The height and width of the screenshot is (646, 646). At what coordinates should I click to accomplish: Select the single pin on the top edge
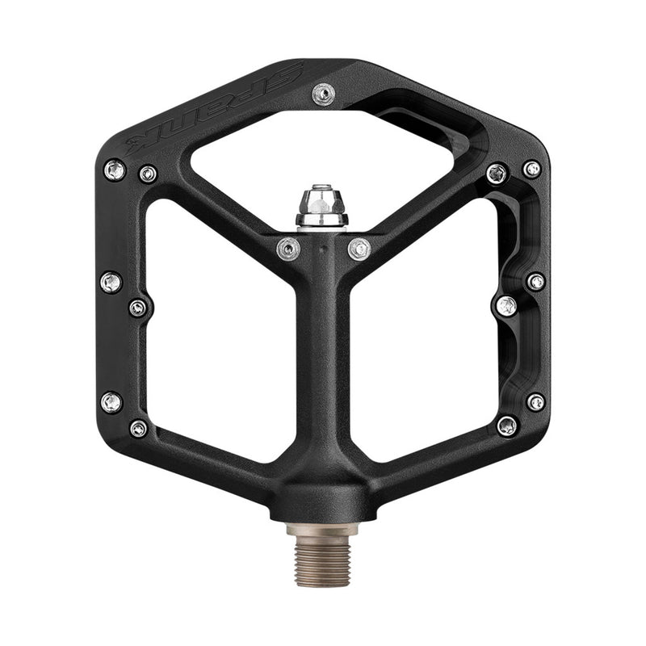[x=321, y=96]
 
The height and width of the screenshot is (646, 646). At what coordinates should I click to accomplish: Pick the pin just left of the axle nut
[x=288, y=250]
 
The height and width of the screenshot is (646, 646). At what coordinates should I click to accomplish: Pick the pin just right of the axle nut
[x=359, y=249]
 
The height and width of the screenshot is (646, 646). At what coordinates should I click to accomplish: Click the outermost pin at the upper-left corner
[x=115, y=170]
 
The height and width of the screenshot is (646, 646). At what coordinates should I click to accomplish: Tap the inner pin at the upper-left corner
[x=148, y=174]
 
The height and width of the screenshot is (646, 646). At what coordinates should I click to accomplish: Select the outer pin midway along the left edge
[x=111, y=282]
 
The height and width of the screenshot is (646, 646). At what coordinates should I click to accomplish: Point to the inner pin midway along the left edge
[x=138, y=308]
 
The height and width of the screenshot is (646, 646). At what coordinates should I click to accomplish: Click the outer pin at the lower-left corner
[x=111, y=401]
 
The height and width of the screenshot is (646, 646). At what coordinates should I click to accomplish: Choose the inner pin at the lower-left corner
[x=138, y=428]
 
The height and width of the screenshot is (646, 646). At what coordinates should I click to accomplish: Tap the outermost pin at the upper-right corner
[x=531, y=170]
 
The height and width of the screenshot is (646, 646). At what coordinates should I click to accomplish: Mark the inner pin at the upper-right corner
[x=497, y=174]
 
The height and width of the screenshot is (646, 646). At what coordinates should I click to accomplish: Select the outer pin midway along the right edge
[x=535, y=282]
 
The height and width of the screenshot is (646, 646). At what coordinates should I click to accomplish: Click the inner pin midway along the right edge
[x=506, y=306]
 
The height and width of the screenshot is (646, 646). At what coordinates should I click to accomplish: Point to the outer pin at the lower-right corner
[x=535, y=401]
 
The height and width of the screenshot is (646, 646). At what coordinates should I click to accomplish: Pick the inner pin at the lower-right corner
[x=507, y=426]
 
